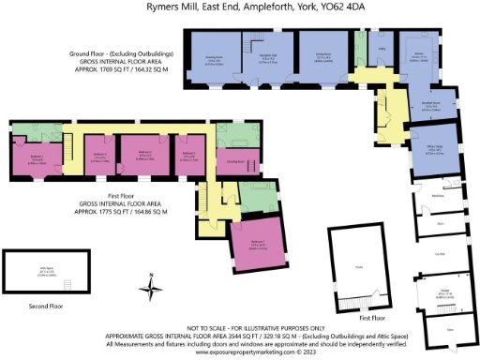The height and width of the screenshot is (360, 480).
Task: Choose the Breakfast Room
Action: [x=430, y=106]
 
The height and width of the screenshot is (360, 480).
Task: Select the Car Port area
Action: [x=438, y=253]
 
